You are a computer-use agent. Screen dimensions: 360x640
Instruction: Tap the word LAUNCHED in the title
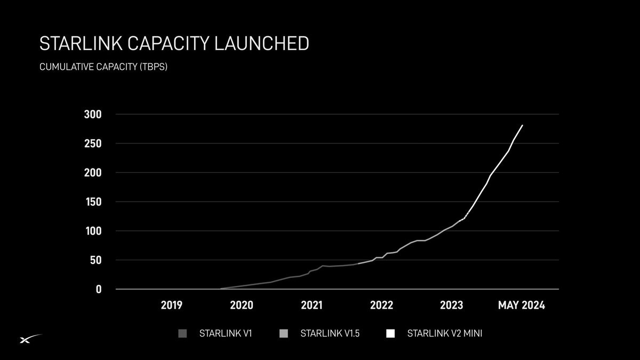coord(261,44)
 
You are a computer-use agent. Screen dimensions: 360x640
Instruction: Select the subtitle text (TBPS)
coord(153,68)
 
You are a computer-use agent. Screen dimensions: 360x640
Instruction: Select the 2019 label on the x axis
coord(172,306)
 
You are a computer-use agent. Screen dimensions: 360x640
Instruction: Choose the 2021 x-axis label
coord(311,306)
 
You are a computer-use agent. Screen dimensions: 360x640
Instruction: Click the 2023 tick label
coord(451,306)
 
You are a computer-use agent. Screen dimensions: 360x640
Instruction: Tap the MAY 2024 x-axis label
coord(522,306)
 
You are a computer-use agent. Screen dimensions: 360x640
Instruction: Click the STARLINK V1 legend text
coord(225,334)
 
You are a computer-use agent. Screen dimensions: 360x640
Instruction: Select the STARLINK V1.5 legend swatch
coord(283,334)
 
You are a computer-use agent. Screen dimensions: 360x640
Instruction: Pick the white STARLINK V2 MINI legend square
coord(390,334)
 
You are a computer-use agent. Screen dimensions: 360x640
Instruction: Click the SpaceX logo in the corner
coord(30,339)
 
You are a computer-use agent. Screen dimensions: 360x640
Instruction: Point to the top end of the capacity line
coord(522,125)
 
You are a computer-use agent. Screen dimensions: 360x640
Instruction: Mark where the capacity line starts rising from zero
coord(220,289)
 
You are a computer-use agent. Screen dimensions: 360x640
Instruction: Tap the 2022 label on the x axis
coord(381,306)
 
